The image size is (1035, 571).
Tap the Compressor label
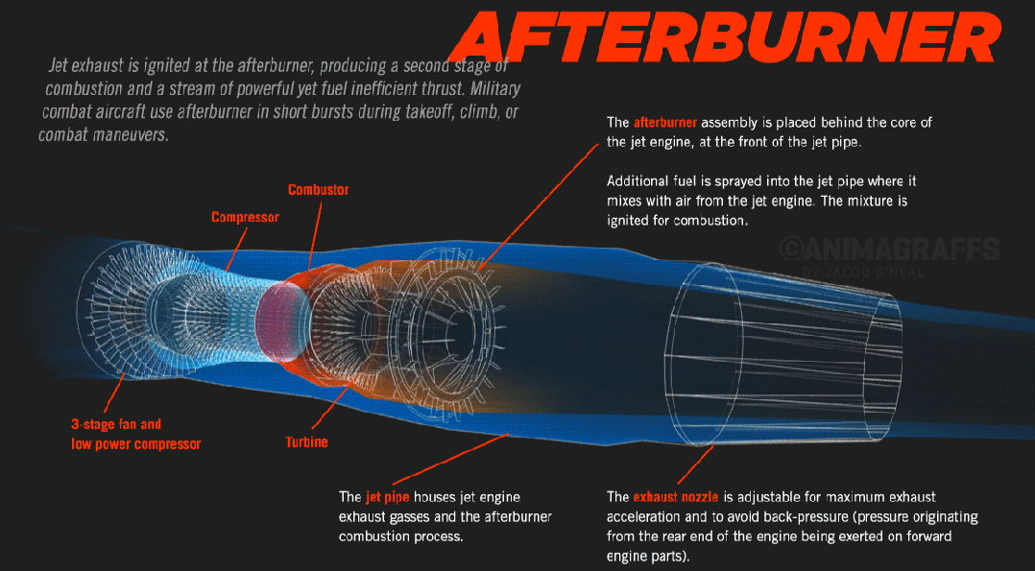pyautogui.click(x=245, y=217)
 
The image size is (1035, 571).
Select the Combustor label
pyautogui.click(x=319, y=190)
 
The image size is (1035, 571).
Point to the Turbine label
pyautogui.click(x=306, y=441)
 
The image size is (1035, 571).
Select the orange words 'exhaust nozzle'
pyautogui.click(x=676, y=497)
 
